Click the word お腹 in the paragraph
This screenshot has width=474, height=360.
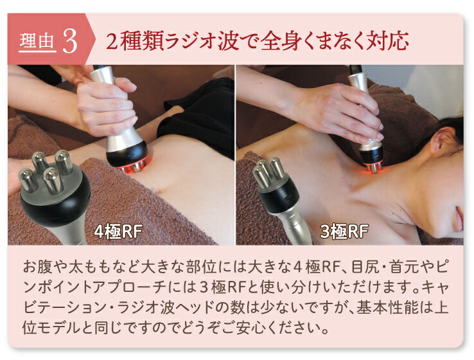[38, 265]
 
